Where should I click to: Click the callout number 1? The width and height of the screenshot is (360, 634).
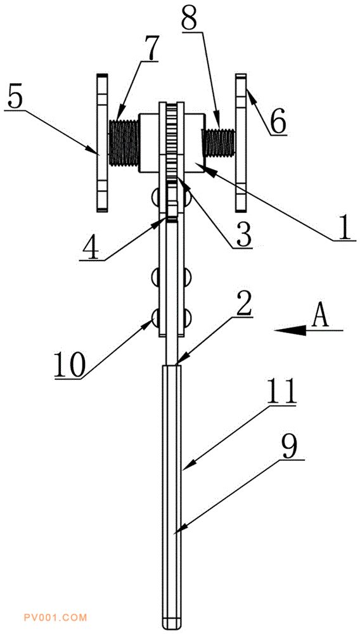coord(344,226)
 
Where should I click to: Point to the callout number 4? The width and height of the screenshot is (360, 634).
coord(90,247)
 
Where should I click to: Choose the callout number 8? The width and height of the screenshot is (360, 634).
coord(190,16)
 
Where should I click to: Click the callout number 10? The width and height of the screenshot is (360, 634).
coord(70,365)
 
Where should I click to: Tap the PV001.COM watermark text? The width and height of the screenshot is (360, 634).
coord(56,618)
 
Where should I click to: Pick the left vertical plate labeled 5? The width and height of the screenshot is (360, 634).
coord(102,143)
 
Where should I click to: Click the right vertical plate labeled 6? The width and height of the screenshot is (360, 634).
coord(241,142)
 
